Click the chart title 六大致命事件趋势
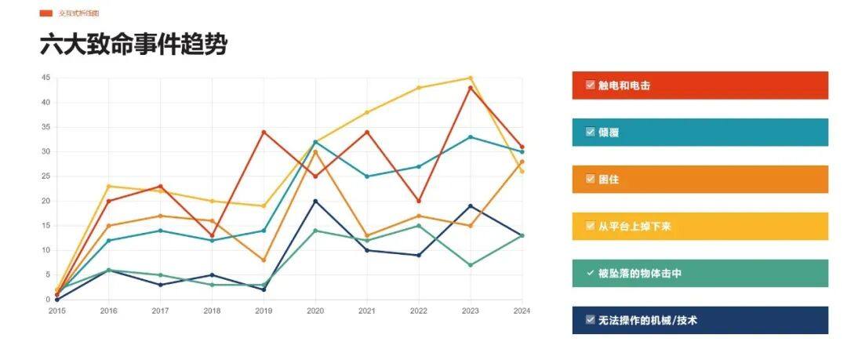pos(133,45)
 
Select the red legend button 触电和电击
pos(700,85)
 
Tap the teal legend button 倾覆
pos(700,133)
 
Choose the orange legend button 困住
pos(700,180)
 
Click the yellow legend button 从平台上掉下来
pos(700,227)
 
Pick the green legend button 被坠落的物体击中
pos(700,274)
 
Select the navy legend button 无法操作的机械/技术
pos(700,320)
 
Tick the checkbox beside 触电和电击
pos(590,85)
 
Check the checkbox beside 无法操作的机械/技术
pos(590,320)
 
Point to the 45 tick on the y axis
pos(45,78)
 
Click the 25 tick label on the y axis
pos(45,176)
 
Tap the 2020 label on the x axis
pos(315,311)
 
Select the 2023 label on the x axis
pos(471,311)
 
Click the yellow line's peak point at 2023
pos(471,78)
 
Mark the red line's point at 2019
pos(264,132)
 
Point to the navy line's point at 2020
pos(315,201)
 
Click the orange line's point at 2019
pos(264,260)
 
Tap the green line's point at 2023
pos(471,265)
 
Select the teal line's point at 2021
pos(367,176)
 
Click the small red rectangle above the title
pos(45,13)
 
